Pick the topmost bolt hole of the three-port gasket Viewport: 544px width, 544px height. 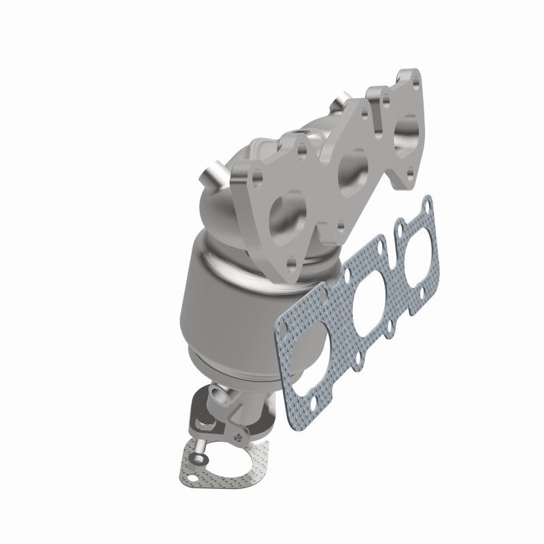[x=426, y=203]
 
